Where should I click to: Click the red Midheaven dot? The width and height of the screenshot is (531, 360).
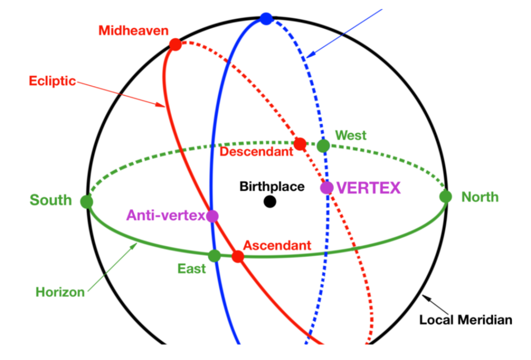pyautogui.click(x=175, y=44)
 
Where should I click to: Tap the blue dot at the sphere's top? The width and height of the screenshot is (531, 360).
pyautogui.click(x=266, y=19)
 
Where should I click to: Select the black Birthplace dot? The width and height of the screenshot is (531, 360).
pyautogui.click(x=270, y=201)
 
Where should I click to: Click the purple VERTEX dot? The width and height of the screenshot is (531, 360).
pyautogui.click(x=327, y=188)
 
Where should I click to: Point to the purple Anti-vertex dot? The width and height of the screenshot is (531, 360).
pyautogui.click(x=212, y=216)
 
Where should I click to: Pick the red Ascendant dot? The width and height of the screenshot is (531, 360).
pyautogui.click(x=237, y=256)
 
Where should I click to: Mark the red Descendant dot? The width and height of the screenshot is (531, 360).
pyautogui.click(x=300, y=144)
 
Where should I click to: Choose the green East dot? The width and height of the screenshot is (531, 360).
pyautogui.click(x=214, y=255)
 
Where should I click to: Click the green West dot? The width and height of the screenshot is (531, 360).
pyautogui.click(x=323, y=146)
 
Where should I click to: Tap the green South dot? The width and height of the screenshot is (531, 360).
pyautogui.click(x=87, y=201)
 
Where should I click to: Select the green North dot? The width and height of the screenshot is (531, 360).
pyautogui.click(x=445, y=197)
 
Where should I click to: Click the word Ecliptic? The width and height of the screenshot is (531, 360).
pyautogui.click(x=52, y=81)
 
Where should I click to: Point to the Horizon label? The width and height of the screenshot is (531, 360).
pyautogui.click(x=60, y=292)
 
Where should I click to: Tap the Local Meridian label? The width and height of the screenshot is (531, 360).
pyautogui.click(x=465, y=320)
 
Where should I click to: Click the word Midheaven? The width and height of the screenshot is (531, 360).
pyautogui.click(x=133, y=31)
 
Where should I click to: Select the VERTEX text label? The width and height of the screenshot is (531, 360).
pyautogui.click(x=369, y=188)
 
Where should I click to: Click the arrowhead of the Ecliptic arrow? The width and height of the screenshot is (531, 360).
pyautogui.click(x=163, y=107)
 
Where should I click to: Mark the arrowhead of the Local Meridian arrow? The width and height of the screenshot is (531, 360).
pyautogui.click(x=425, y=297)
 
